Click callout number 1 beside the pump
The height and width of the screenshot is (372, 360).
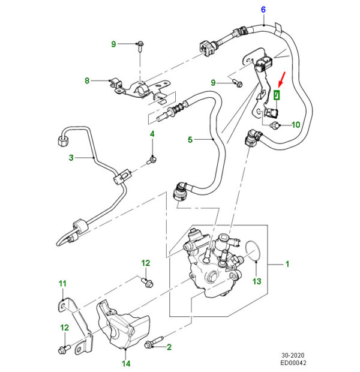[287, 263]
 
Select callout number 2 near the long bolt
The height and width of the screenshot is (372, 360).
[169, 347]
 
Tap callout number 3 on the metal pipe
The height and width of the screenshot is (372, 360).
[71, 158]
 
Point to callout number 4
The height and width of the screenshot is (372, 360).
[152, 134]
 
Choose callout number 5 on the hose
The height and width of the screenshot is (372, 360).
[190, 140]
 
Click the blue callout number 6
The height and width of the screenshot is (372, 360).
[263, 9]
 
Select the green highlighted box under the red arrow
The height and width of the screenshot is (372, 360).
[277, 95]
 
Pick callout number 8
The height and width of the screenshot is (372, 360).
[87, 80]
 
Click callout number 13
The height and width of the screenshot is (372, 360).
[256, 281]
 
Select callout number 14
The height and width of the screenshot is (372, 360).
[126, 364]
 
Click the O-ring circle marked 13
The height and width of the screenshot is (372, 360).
[254, 252]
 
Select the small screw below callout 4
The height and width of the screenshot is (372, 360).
[152, 159]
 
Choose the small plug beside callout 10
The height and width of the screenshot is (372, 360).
[275, 125]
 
